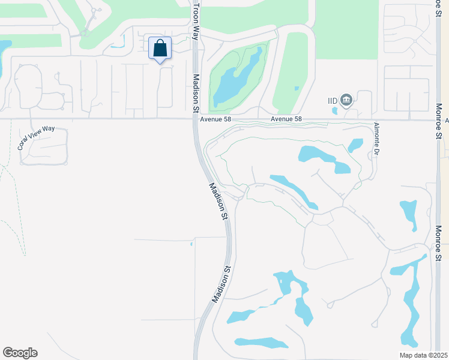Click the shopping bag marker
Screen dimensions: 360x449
tap(160, 48)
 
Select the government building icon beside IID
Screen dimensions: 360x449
tap(346, 100)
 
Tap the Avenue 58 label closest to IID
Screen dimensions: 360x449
tap(285, 119)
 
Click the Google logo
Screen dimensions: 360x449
tap(20, 353)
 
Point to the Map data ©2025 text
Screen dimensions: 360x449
tap(423, 355)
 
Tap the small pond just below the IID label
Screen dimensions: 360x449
tap(335, 110)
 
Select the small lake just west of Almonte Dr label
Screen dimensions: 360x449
tap(355, 145)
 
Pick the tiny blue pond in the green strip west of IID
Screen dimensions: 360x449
tap(297, 88)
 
